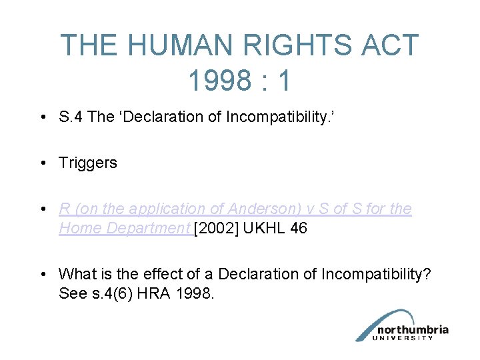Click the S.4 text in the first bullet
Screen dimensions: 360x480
coord(70,117)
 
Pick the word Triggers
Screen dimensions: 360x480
coord(88,163)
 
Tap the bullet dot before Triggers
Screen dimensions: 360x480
coord(43,163)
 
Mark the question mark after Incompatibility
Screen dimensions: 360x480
coord(427,274)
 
